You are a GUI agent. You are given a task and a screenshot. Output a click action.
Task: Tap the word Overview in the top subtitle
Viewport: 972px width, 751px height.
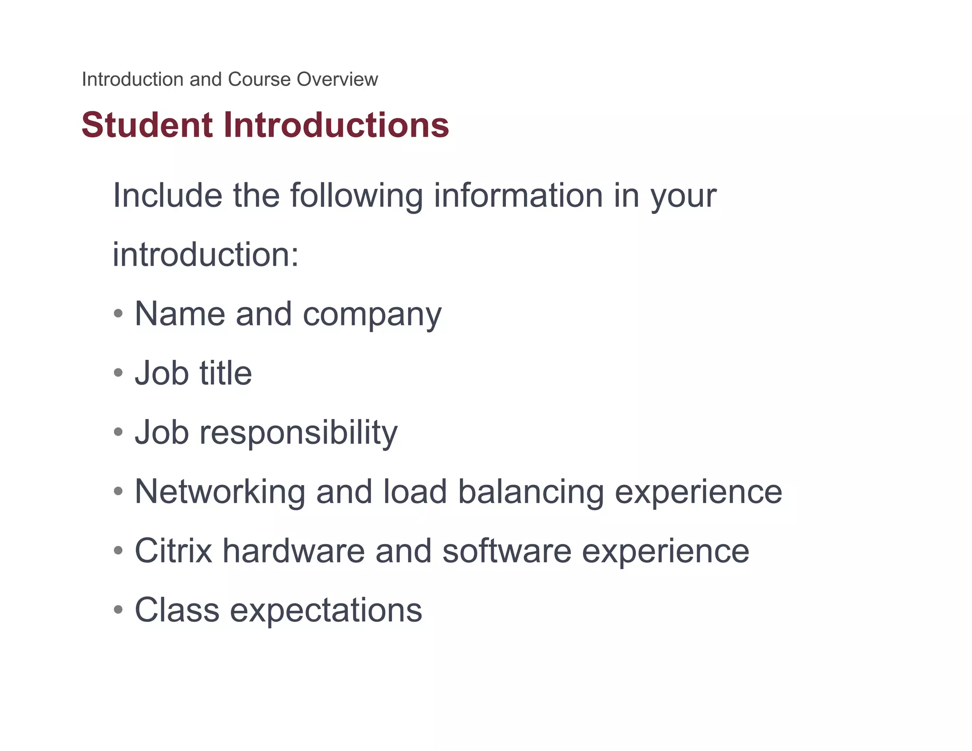(337, 79)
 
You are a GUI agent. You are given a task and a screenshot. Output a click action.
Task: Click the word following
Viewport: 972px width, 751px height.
(356, 196)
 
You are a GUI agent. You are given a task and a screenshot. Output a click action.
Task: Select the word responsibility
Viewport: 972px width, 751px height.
(299, 433)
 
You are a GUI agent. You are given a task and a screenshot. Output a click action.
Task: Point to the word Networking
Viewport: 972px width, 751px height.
(220, 492)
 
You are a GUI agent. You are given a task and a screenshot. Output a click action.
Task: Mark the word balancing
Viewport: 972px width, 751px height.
(531, 492)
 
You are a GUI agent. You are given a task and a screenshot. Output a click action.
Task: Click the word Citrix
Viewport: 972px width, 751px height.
(173, 551)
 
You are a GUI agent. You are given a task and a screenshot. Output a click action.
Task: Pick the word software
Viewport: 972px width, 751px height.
(507, 551)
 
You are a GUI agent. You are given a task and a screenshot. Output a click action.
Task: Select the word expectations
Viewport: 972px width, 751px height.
(326, 610)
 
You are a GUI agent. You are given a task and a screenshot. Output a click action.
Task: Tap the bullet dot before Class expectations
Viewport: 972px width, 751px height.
(118, 609)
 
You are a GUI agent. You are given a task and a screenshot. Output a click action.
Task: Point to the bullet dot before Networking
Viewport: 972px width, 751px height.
(118, 491)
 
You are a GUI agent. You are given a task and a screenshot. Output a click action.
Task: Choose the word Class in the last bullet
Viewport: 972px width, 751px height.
(177, 610)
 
